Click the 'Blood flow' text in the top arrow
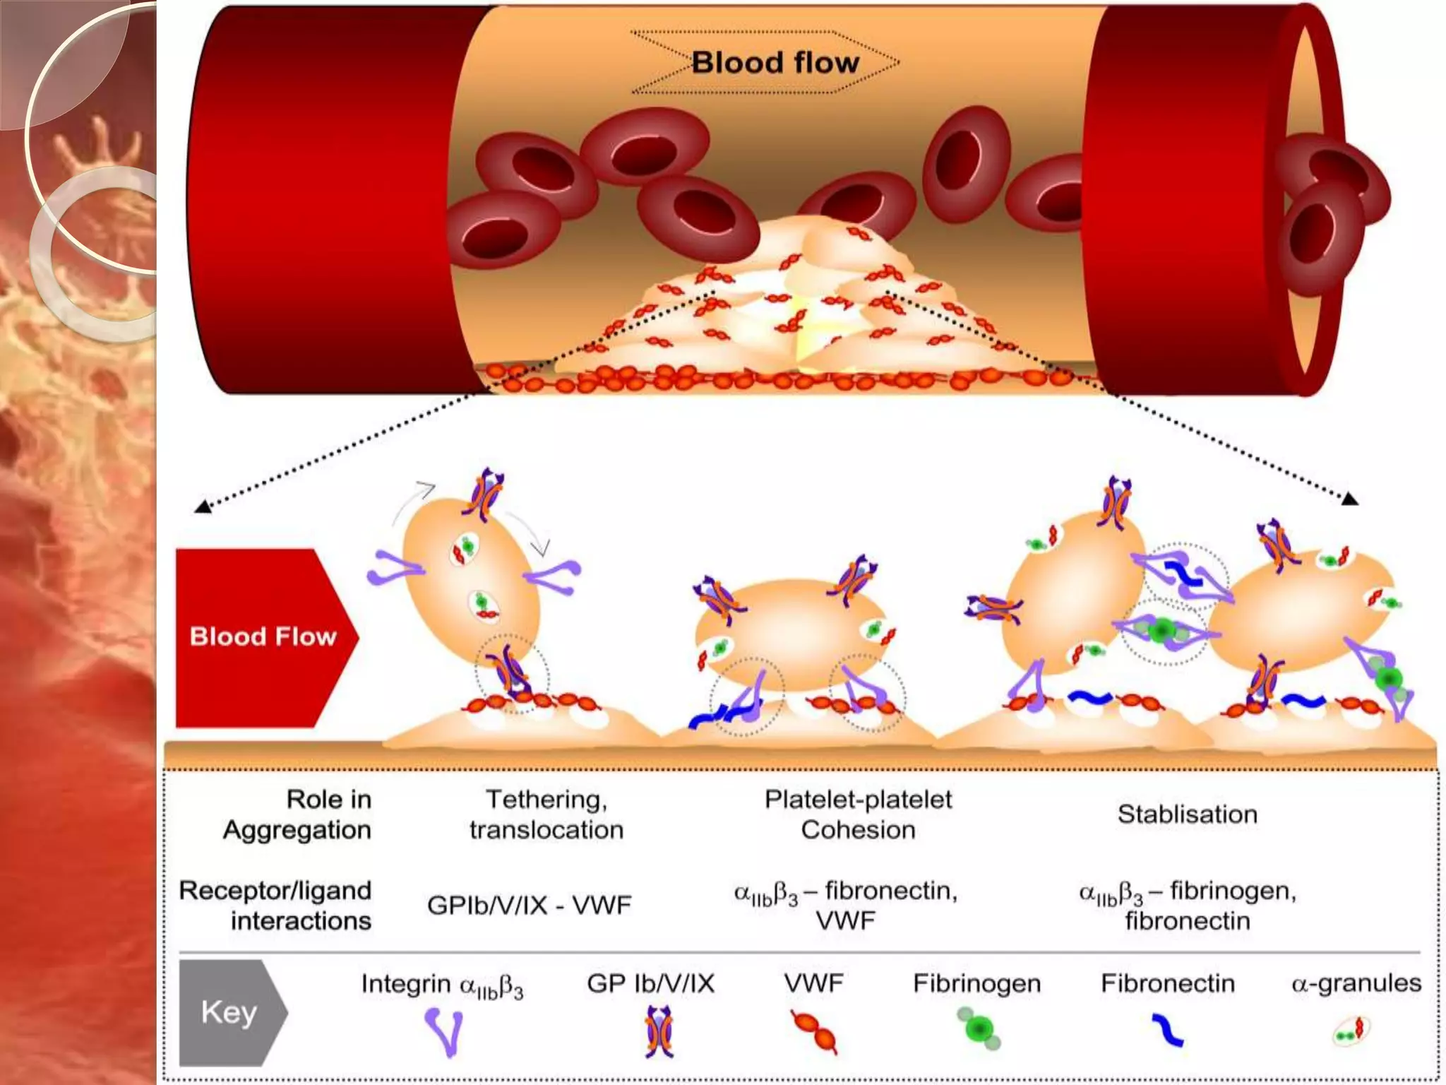[x=775, y=62]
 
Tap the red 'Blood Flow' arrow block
[x=263, y=636]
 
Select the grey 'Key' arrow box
[x=230, y=1012]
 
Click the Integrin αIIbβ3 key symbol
[x=444, y=1032]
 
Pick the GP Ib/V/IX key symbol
[x=659, y=1032]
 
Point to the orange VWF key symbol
[x=815, y=1032]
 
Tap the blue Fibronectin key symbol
[x=1167, y=1030]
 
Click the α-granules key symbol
[x=1351, y=1032]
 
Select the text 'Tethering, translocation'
[x=546, y=814]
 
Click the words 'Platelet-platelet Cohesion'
[x=858, y=814]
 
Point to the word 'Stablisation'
[x=1187, y=814]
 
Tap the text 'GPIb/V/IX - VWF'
[x=529, y=905]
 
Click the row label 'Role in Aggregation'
[x=297, y=814]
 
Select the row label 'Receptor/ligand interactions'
[x=276, y=905]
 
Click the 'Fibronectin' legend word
[x=1167, y=983]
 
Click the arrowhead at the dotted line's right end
[x=1349, y=499]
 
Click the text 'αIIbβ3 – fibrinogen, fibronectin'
[x=1187, y=905]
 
